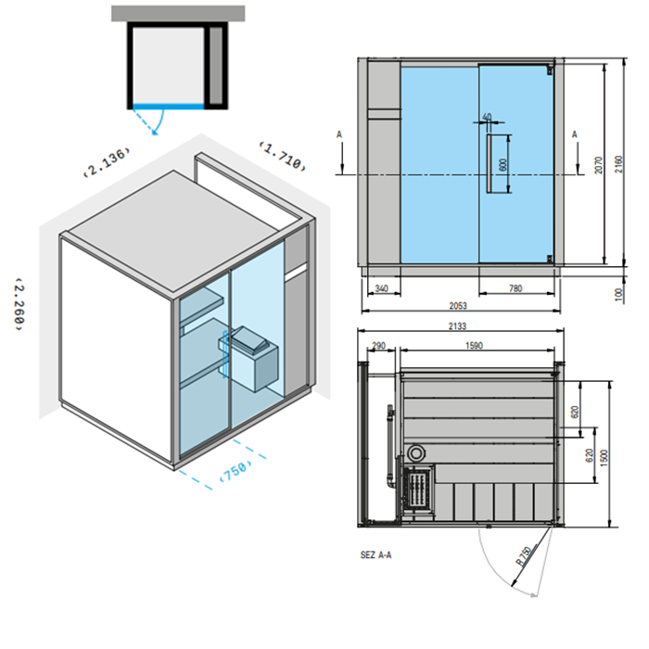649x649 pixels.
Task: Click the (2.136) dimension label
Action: pyautogui.click(x=107, y=161)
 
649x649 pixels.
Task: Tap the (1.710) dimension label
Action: pyautogui.click(x=283, y=157)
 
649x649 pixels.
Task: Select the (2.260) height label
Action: pyautogui.click(x=19, y=304)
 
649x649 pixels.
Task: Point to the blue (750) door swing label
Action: pyautogui.click(x=235, y=470)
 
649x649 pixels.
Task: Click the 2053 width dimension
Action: pyautogui.click(x=458, y=305)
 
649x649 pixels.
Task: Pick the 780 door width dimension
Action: pyautogui.click(x=515, y=288)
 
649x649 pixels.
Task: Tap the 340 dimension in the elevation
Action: pyautogui.click(x=381, y=288)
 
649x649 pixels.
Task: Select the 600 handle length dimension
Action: pyautogui.click(x=503, y=165)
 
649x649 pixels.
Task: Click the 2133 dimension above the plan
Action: pyautogui.click(x=457, y=326)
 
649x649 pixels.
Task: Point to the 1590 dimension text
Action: pyautogui.click(x=474, y=345)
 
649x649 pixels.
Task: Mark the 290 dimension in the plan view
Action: pyautogui.click(x=378, y=345)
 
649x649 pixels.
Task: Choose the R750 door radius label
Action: pyautogui.click(x=524, y=556)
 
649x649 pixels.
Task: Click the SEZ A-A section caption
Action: pyautogui.click(x=375, y=554)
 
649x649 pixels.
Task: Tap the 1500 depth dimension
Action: pyautogui.click(x=604, y=458)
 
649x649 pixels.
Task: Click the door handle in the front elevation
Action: pyautogui.click(x=489, y=163)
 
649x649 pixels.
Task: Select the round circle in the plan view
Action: pyautogui.click(x=416, y=453)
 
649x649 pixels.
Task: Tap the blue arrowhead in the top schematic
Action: pyautogui.click(x=156, y=133)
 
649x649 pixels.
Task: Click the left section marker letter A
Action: pyautogui.click(x=339, y=134)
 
